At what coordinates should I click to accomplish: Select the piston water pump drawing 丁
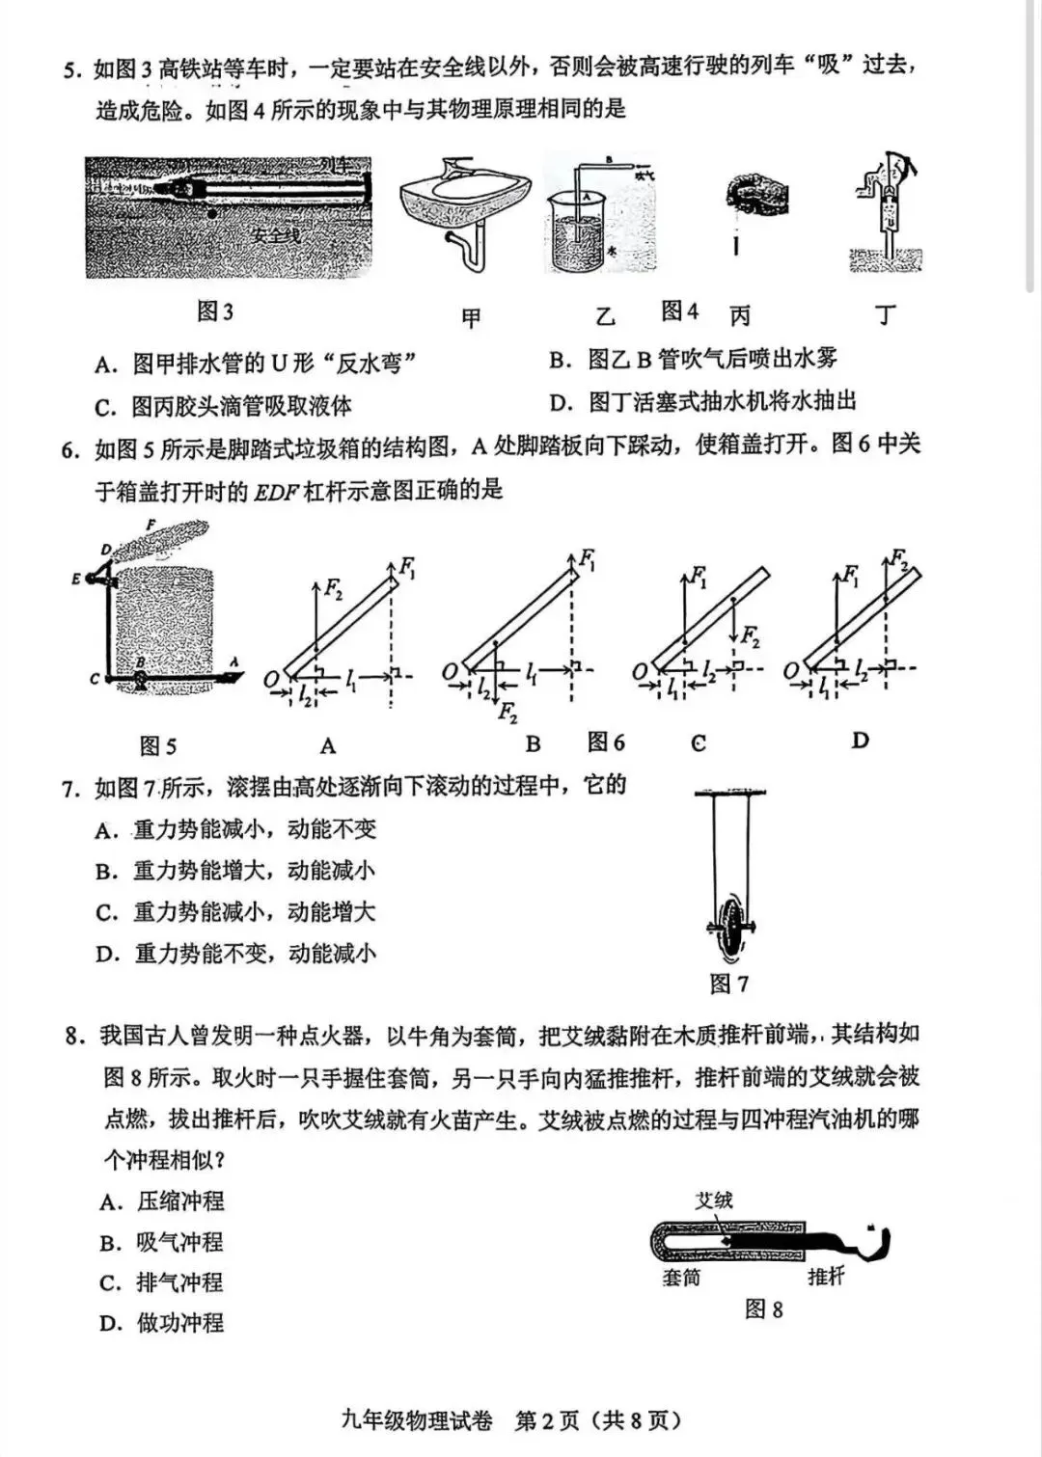886,212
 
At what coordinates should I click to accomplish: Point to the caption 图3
215,311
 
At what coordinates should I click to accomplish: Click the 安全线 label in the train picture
275,234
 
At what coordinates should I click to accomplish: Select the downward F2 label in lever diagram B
508,715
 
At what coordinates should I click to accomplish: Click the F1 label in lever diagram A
408,569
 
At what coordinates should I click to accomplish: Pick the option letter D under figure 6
860,741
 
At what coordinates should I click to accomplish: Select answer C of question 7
106,912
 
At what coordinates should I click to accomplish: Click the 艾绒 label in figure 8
714,1201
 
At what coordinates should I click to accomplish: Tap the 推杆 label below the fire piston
826,1277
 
